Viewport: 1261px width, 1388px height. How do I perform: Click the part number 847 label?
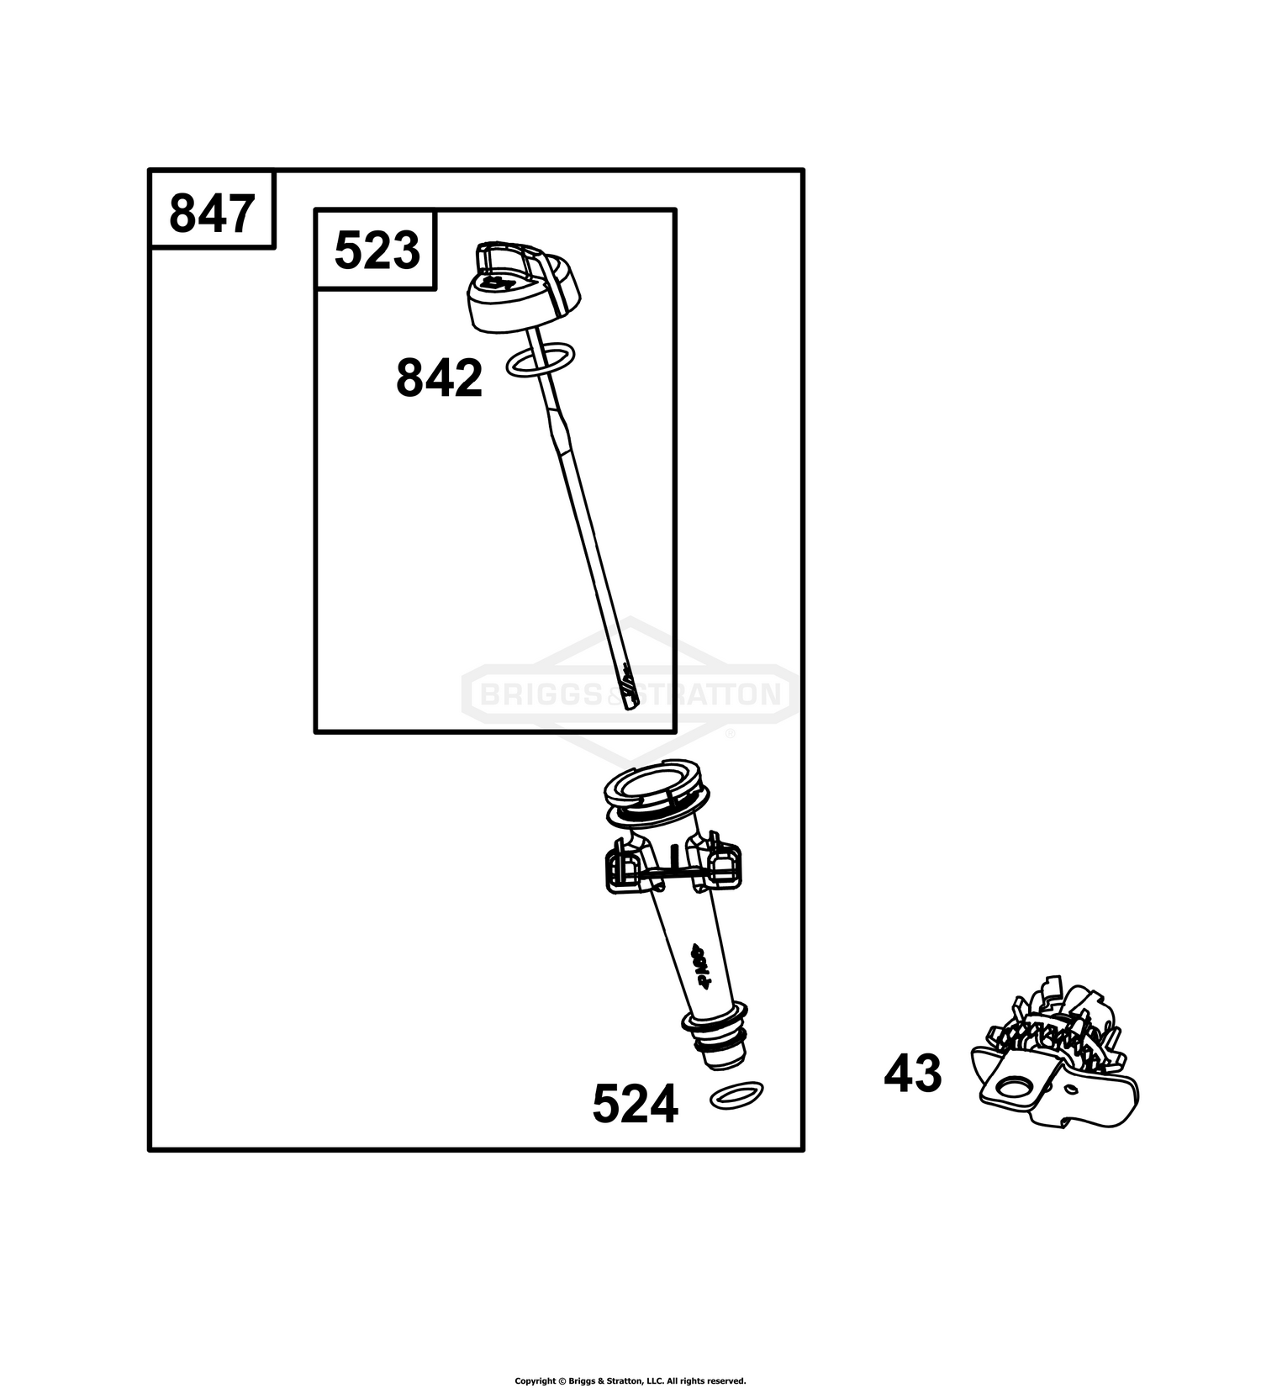coord(212,214)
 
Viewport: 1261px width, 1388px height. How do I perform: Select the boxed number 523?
coord(377,251)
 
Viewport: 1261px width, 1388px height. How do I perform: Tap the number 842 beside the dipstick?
coord(439,378)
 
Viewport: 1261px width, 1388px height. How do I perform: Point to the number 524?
coord(635,1104)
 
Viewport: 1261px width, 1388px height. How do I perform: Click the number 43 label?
coord(913,1074)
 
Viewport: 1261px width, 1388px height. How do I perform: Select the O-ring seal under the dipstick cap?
coord(541,360)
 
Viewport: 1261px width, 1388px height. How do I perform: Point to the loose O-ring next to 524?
coord(737,1096)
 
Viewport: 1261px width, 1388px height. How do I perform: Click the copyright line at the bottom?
coord(630,1380)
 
